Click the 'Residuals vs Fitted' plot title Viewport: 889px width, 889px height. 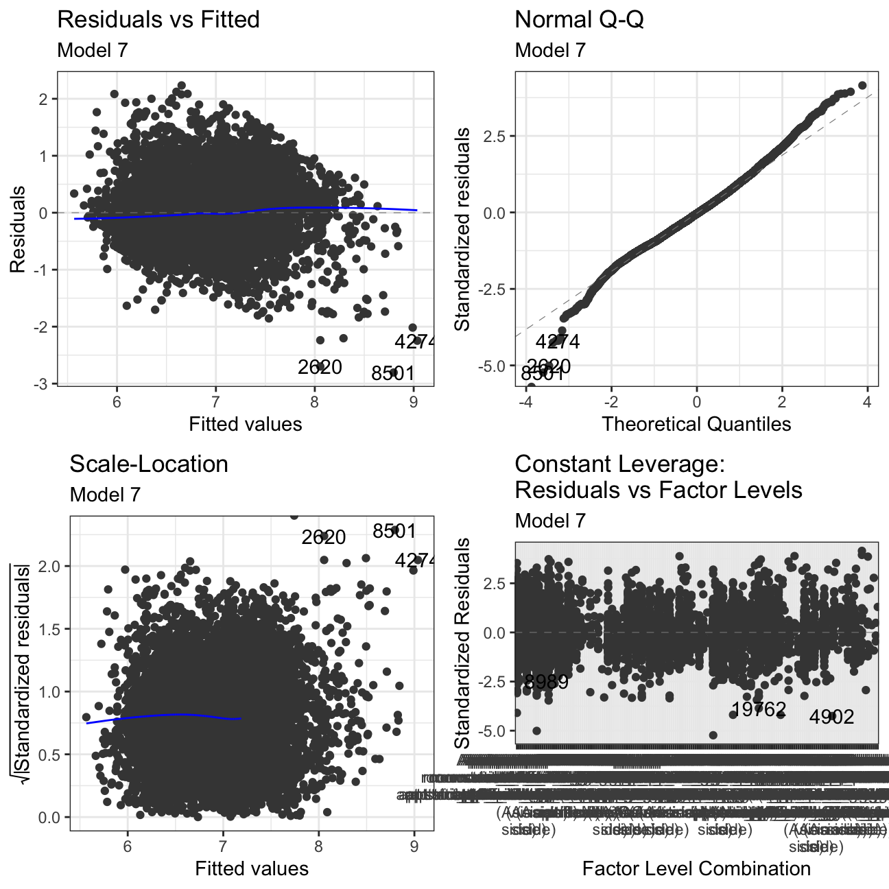158,20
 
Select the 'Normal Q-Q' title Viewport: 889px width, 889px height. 579,20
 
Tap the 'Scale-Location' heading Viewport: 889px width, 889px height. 149,464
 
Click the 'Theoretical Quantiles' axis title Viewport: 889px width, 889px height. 696,424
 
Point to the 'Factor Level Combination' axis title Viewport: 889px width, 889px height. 696,869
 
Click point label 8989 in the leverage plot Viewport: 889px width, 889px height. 546,682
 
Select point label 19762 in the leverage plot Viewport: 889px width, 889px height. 759,709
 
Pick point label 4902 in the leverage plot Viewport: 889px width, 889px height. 831,717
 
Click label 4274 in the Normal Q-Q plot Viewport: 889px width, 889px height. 557,342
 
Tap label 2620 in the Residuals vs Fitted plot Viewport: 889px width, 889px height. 320,368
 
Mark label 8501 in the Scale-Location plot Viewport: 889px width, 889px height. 394,532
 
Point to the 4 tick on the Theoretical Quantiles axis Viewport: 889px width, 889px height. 867,402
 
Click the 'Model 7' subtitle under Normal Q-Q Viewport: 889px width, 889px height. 550,50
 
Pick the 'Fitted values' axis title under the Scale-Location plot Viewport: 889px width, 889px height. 252,869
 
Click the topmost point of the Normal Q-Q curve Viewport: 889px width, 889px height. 862,86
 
